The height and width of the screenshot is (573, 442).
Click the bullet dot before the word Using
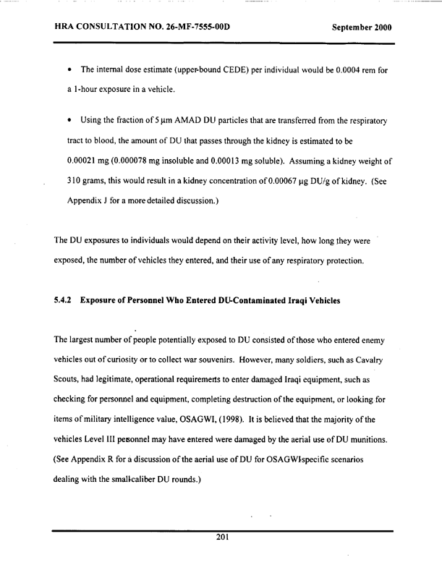(67, 137)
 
